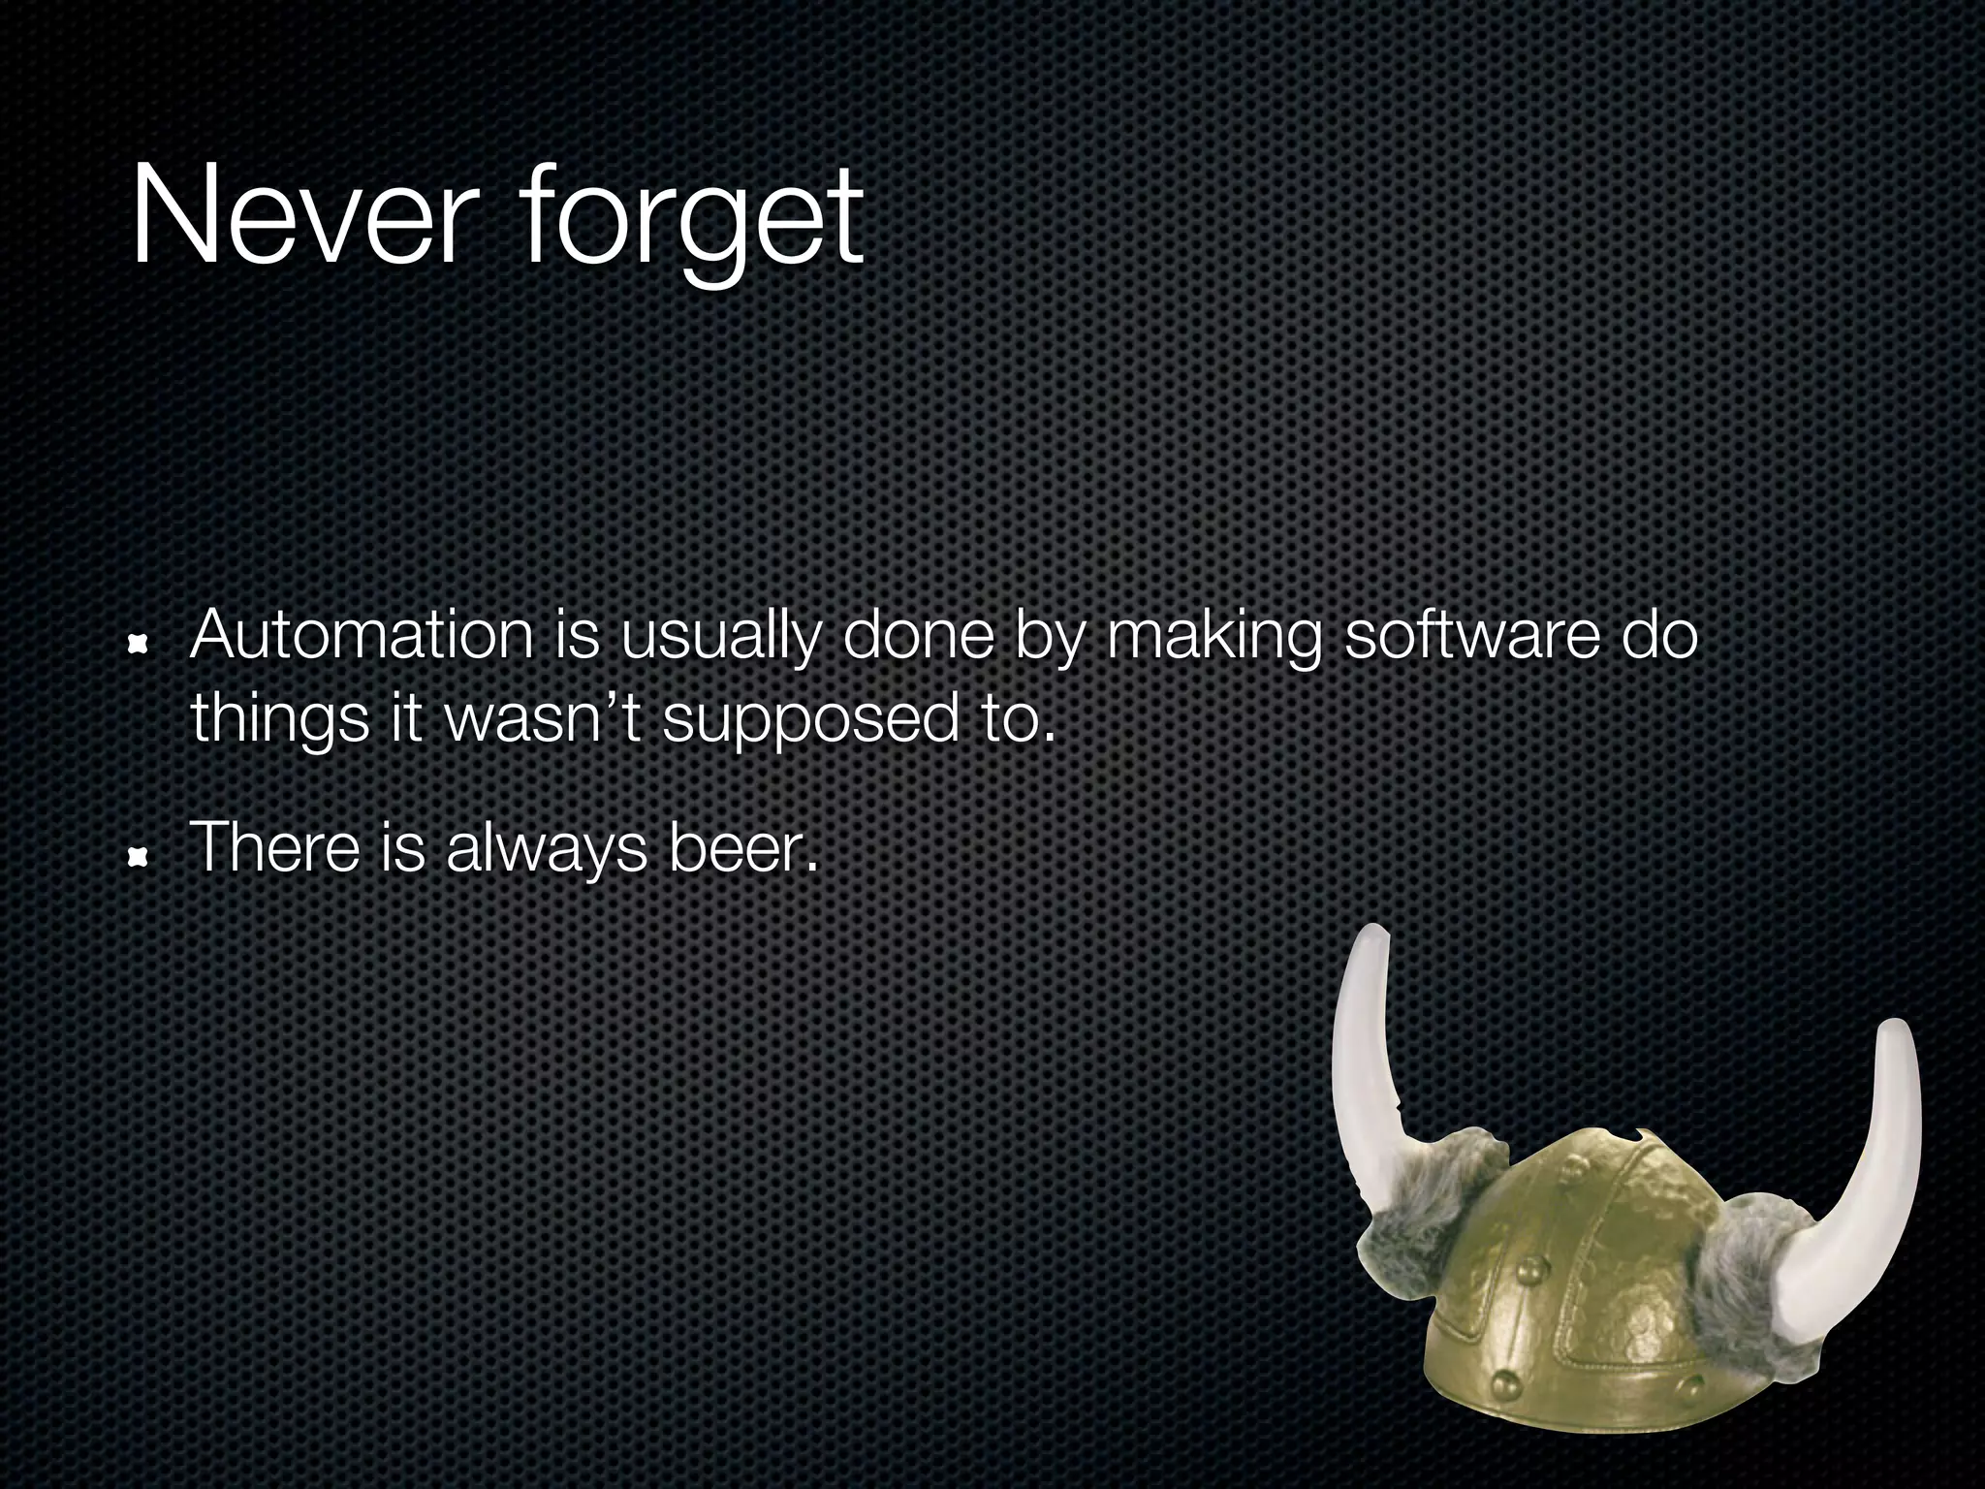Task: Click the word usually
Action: (718, 640)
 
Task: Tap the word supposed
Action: (803, 722)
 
